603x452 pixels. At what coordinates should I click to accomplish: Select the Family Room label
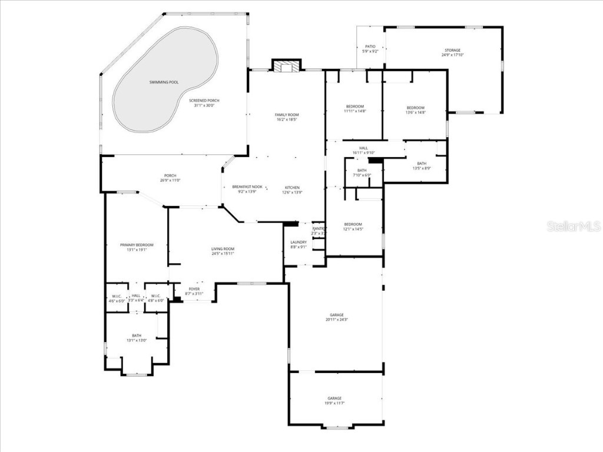(287, 115)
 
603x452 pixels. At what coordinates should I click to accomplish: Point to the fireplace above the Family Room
(286, 67)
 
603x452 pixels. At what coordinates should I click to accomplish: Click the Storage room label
(452, 51)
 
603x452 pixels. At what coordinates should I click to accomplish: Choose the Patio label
(370, 46)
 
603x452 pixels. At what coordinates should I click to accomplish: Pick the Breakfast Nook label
(247, 187)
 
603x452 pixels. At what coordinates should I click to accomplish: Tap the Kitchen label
(293, 188)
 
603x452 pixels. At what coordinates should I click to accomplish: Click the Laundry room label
(299, 242)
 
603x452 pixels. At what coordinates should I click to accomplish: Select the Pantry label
(319, 228)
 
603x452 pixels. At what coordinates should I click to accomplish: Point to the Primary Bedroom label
(137, 245)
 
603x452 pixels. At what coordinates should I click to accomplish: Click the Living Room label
(223, 249)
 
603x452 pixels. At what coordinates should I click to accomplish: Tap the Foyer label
(194, 289)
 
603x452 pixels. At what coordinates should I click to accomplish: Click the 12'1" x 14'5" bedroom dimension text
(353, 229)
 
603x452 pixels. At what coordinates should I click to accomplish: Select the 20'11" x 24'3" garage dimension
(336, 320)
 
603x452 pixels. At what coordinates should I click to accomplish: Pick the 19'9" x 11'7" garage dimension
(334, 403)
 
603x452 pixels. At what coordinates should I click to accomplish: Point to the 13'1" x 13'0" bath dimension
(137, 340)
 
